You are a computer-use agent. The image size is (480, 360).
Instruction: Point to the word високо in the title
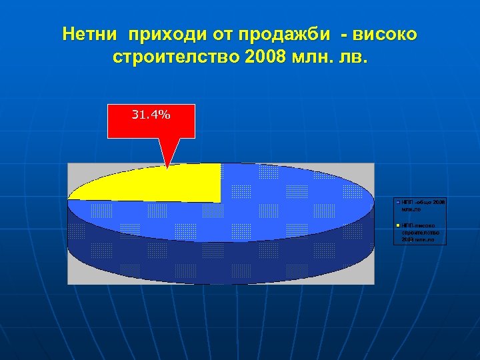pos(387,33)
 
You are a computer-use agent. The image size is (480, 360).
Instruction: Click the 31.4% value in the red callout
pos(151,115)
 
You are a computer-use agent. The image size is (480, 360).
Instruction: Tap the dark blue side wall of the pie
pos(220,260)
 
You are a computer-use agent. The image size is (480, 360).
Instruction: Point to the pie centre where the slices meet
pos(220,201)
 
